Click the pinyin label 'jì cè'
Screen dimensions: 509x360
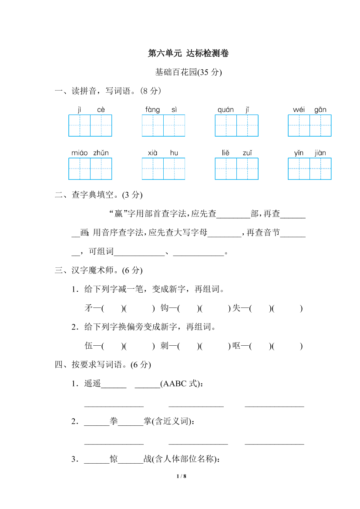tap(90, 110)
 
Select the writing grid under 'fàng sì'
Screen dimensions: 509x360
tap(163, 125)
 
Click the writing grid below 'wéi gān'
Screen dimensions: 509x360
tap(310, 125)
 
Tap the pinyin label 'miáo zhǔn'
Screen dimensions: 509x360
tap(90, 153)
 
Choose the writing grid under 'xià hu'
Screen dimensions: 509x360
tap(163, 169)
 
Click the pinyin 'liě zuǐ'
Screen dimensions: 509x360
tap(236, 153)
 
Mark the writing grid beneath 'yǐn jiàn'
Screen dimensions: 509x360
tap(310, 169)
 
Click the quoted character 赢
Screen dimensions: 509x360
tap(116, 214)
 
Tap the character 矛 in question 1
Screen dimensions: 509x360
tap(88, 308)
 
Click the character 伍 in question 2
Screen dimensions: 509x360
tap(88, 346)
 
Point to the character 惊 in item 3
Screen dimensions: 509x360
tap(114, 459)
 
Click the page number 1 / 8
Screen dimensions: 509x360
tap(182, 476)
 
